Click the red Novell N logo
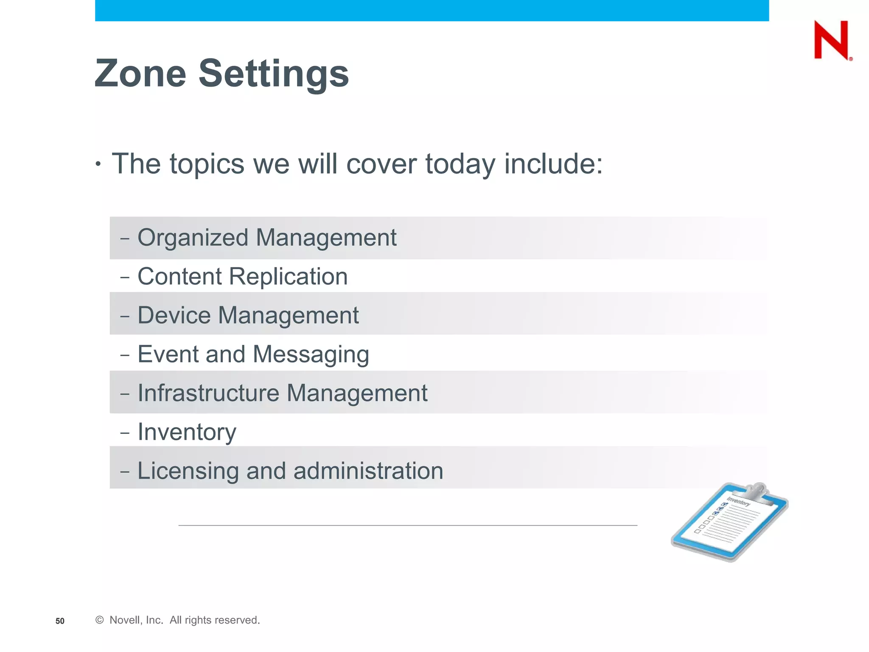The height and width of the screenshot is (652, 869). (x=831, y=40)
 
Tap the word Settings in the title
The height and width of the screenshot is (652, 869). (x=274, y=74)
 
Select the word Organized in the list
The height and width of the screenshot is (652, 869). (x=193, y=238)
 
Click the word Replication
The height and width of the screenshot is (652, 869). (x=288, y=277)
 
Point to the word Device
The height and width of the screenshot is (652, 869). (x=174, y=315)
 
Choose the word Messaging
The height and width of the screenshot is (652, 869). (x=311, y=354)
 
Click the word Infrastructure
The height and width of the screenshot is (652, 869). (x=208, y=393)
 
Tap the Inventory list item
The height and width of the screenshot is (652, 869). (x=187, y=432)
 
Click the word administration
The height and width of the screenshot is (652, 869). (x=368, y=471)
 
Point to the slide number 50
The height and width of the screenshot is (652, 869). (x=60, y=621)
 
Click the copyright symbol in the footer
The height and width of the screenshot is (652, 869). (x=100, y=620)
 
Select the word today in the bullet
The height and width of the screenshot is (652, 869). (x=460, y=164)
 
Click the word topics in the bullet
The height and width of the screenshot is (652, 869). (x=207, y=164)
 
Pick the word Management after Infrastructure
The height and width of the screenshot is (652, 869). (x=357, y=393)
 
